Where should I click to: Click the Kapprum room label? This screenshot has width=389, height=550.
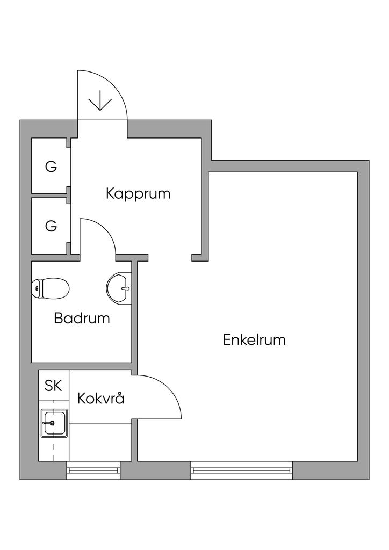(x=138, y=193)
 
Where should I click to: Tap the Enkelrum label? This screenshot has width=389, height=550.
(x=254, y=340)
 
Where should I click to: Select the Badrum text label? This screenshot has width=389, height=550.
(x=82, y=318)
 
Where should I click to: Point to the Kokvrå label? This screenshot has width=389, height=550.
(x=101, y=399)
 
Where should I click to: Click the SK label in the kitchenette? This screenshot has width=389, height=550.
(x=53, y=385)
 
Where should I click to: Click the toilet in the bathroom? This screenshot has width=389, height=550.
(x=51, y=289)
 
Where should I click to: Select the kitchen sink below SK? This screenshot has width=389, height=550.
(x=54, y=422)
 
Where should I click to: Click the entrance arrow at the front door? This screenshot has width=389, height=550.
(x=100, y=100)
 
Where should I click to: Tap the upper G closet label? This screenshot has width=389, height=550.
(x=51, y=167)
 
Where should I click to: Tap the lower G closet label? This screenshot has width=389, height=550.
(x=51, y=226)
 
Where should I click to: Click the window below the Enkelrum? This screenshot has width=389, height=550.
(x=241, y=471)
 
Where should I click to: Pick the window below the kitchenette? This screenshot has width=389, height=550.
(x=93, y=471)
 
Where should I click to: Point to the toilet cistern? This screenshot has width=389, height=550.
(x=37, y=289)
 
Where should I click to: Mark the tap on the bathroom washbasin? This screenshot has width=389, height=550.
(x=126, y=288)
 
